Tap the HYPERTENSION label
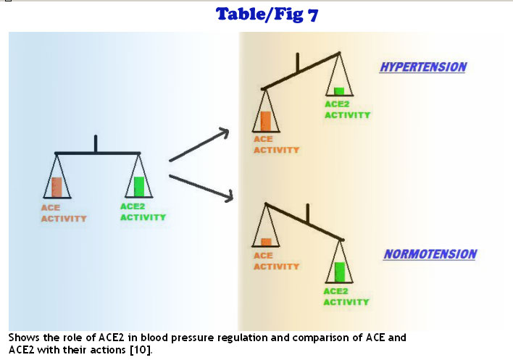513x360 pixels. coord(423,67)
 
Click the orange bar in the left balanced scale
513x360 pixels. coord(57,187)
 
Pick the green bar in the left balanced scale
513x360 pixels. coord(139,186)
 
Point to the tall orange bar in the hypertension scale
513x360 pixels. coord(265,120)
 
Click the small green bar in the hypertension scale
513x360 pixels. coord(339,91)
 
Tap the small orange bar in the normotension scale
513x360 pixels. coord(266,242)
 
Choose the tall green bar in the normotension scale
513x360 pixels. coord(340,272)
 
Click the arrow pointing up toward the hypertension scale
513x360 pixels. coord(199,146)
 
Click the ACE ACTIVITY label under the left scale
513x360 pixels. coord(63,213)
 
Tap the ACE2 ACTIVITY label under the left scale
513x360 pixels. coord(143,212)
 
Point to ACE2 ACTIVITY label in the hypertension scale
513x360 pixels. coord(347,109)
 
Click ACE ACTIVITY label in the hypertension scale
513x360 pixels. coord(276,145)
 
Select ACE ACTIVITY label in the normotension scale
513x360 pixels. coord(276,261)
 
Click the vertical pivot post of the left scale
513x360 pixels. coord(96,143)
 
